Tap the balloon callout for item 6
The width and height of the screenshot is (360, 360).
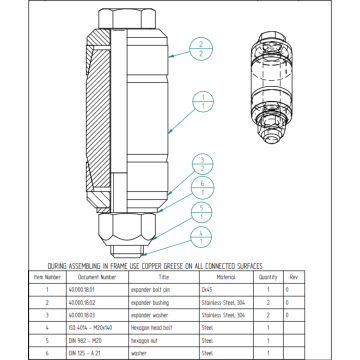coord(202,187)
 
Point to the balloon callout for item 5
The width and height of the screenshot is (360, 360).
coord(202,212)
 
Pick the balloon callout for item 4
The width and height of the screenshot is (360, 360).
coord(202,237)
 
